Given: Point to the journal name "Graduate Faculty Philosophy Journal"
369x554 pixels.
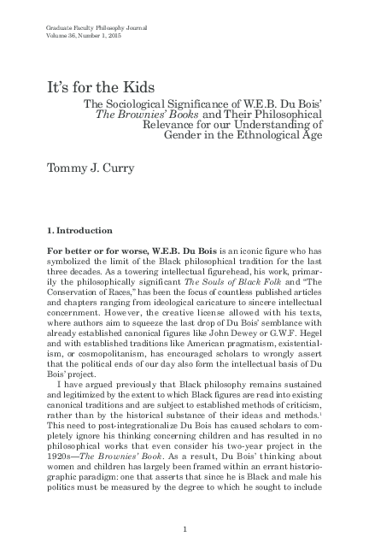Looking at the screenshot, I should point(83,31).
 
